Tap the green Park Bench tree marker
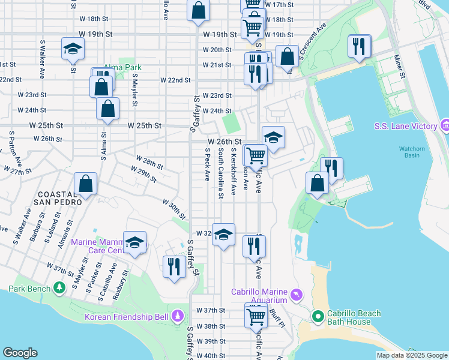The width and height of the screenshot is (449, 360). pyautogui.click(x=59, y=289)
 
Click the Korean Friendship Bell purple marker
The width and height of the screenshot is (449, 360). pyautogui.click(x=178, y=316)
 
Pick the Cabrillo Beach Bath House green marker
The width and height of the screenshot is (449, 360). pyautogui.click(x=318, y=316)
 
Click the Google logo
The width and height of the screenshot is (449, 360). pyautogui.click(x=20, y=353)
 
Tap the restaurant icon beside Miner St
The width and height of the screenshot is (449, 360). pyautogui.click(x=359, y=46)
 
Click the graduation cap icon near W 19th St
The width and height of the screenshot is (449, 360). pyautogui.click(x=73, y=49)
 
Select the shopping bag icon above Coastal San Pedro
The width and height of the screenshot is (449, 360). pyautogui.click(x=86, y=184)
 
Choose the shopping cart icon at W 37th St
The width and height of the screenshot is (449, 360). pyautogui.click(x=256, y=315)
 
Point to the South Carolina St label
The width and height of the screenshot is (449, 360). pyautogui.click(x=220, y=174)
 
